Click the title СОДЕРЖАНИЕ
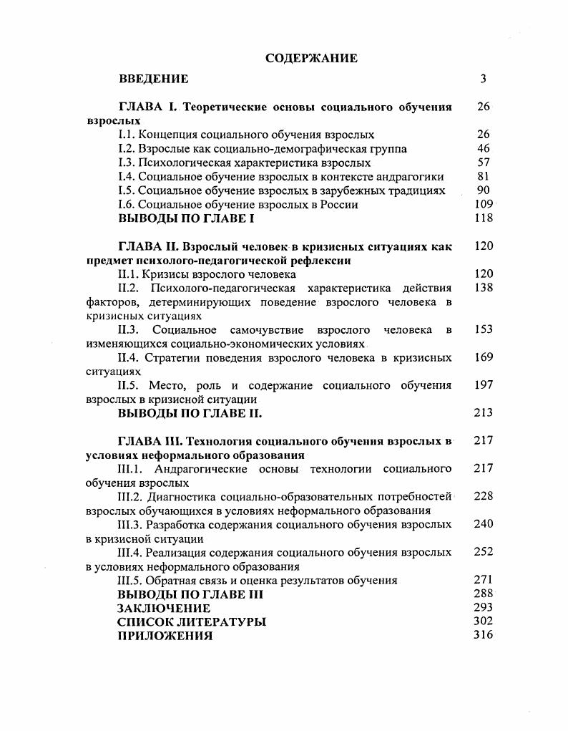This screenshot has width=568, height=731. (x=311, y=58)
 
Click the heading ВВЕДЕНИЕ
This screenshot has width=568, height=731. (x=153, y=79)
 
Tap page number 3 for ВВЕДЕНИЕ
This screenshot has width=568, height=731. (x=484, y=79)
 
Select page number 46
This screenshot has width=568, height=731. (x=484, y=149)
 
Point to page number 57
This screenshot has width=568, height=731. (x=484, y=163)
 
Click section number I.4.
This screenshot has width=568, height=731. (x=126, y=177)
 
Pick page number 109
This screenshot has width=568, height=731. (x=484, y=205)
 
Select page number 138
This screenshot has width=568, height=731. (x=484, y=288)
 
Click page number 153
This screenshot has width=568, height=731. (x=484, y=330)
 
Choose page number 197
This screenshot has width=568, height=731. (x=484, y=386)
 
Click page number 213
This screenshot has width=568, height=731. (x=484, y=413)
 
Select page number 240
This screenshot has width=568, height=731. (x=484, y=524)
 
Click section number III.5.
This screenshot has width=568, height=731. (x=130, y=581)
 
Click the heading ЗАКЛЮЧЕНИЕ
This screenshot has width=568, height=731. (x=164, y=609)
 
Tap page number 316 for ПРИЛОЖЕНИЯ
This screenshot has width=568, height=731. (x=484, y=636)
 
